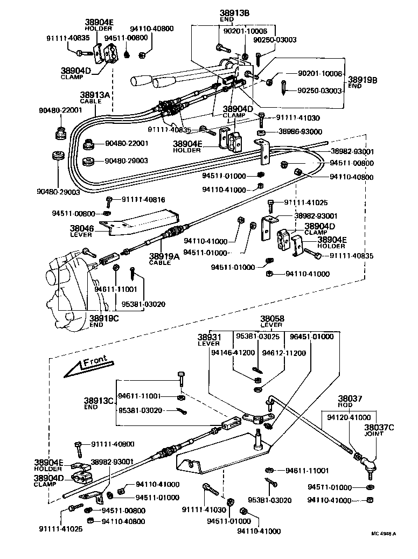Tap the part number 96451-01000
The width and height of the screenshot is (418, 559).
point(311,337)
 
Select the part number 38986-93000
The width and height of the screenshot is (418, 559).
point(300,131)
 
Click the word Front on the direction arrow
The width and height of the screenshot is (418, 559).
point(95,361)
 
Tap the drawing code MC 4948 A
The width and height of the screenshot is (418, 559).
point(383,534)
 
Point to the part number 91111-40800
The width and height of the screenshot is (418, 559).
point(113,444)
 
